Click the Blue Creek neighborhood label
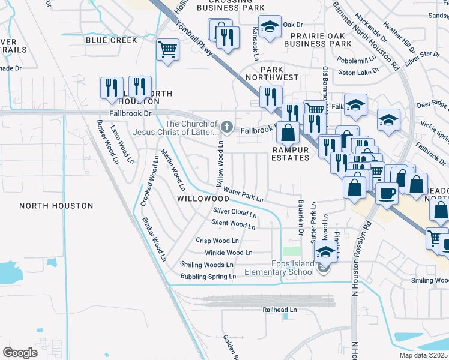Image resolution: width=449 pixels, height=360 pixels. pos(111,40)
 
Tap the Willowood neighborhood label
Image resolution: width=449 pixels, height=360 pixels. pos(203,198)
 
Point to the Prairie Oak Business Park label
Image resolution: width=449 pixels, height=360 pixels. pos(318,40)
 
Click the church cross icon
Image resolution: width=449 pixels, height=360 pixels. pos(226,126)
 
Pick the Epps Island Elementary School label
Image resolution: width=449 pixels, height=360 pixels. pos(279,268)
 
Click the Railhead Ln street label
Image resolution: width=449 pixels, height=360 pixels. pos(280,310)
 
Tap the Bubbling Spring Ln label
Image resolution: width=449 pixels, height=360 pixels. pos(208,277)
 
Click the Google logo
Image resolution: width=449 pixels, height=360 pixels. pos(20,352)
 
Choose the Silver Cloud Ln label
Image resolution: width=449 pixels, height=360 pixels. pos(235,212)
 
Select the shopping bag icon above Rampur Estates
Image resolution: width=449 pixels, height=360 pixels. pos(289,132)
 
